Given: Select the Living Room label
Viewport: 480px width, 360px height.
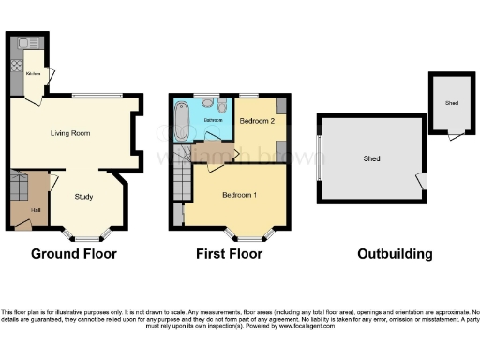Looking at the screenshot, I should [69, 134].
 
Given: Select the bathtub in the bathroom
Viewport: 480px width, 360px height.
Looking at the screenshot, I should [181, 121].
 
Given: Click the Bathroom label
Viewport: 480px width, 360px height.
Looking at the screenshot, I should [214, 122].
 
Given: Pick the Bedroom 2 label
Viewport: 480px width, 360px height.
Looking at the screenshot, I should [255, 122].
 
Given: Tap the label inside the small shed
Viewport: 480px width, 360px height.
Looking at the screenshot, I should [451, 103].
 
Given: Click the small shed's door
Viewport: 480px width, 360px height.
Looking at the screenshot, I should [455, 138].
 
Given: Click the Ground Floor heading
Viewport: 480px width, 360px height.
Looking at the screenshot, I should [74, 254].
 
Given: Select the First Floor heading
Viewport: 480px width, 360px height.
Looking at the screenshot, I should [228, 254].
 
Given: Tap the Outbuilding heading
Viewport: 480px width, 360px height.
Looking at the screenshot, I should [395, 254].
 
